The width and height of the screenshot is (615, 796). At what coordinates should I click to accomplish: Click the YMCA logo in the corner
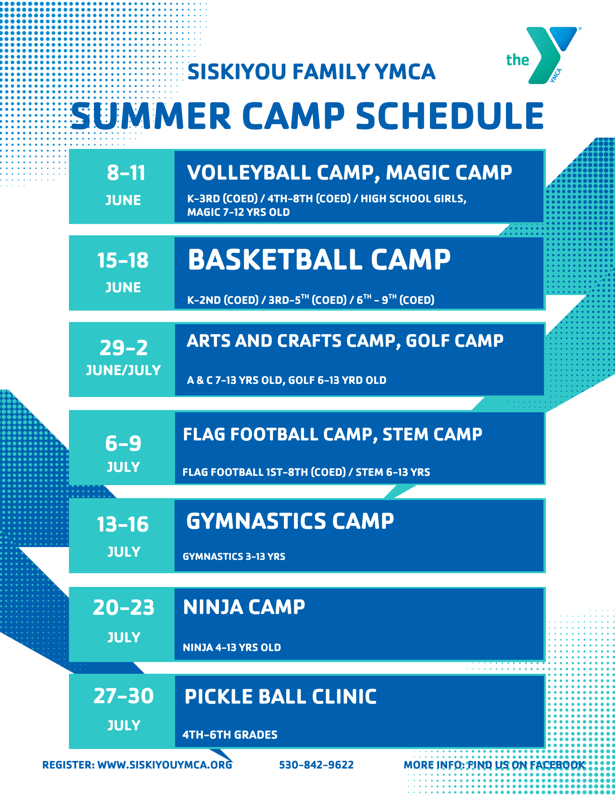coord(543,55)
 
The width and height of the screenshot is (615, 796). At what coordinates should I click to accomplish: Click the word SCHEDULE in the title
coord(450,116)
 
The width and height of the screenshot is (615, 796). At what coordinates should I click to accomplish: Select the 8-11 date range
coord(126,173)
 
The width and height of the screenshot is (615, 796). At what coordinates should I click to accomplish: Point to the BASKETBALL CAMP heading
coord(319,260)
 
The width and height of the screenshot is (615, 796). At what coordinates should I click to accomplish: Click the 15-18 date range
coord(123,260)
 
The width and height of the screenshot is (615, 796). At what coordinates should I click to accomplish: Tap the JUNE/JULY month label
coord(123,370)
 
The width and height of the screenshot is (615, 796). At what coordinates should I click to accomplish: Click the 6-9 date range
coord(123,443)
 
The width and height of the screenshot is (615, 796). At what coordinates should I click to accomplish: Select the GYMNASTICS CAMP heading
coord(290,521)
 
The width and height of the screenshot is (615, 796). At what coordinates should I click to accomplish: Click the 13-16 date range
coord(123,524)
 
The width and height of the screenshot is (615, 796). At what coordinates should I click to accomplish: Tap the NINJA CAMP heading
coord(244,607)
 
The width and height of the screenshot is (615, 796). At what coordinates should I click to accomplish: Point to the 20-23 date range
coord(123,608)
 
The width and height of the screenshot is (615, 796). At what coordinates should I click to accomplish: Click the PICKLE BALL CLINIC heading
coord(281,697)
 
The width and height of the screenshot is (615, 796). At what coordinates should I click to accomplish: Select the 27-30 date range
coord(123,696)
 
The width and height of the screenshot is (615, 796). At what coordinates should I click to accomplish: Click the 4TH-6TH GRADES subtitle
coord(230,735)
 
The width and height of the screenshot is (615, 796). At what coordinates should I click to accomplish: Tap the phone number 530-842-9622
coord(316,765)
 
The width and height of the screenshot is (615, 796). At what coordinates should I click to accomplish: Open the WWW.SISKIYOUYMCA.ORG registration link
coord(165,765)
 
